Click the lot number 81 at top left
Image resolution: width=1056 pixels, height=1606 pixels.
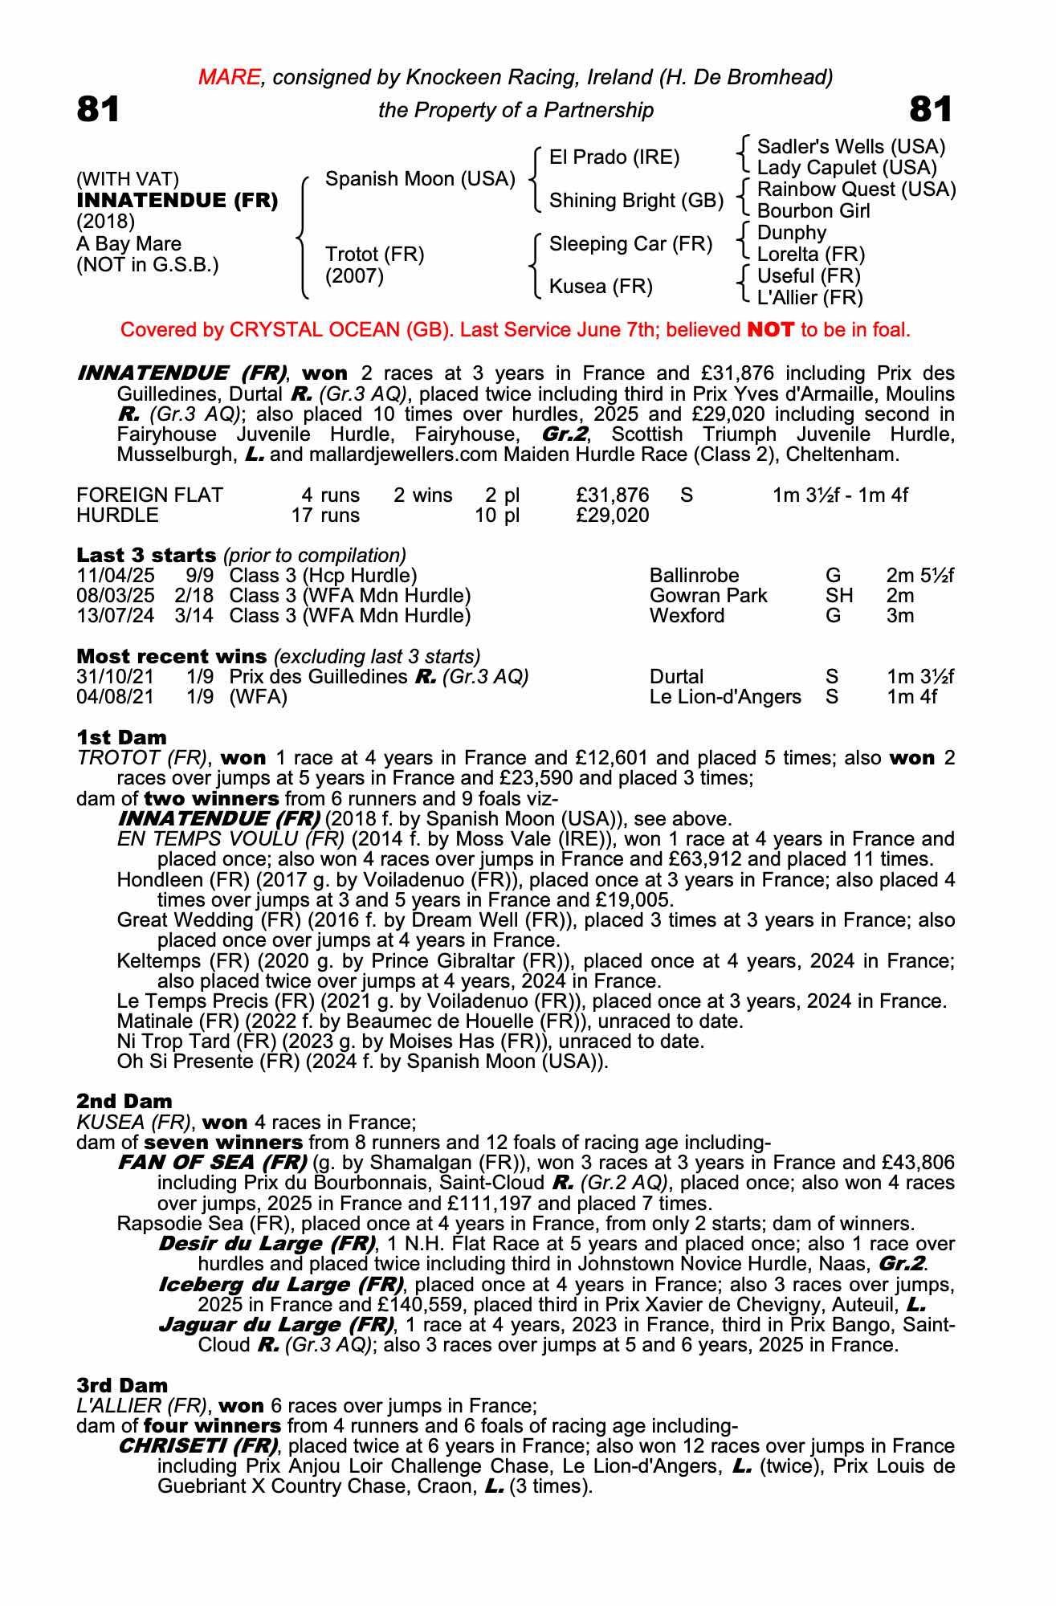pos(98,110)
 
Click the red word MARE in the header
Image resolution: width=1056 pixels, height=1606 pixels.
pos(230,77)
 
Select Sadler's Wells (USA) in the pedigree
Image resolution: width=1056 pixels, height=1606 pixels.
pos(850,146)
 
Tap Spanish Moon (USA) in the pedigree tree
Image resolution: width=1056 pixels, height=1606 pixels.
pos(419,178)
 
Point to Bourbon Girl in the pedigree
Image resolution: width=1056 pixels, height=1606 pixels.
pos(813,210)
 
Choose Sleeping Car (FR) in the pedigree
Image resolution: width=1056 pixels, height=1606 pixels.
pos(630,243)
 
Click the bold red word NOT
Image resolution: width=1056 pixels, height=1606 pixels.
pos(770,329)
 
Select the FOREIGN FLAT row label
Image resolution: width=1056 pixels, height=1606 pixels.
pos(149,495)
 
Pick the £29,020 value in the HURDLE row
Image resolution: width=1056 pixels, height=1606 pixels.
pos(612,515)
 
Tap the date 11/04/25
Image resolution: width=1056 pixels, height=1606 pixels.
pos(115,575)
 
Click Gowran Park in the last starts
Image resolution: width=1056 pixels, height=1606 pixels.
pos(707,595)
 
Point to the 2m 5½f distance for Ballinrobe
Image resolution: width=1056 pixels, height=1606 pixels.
pos(919,575)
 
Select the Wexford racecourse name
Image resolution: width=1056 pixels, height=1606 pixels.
pos(687,615)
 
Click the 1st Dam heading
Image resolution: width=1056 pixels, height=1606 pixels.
pos(121,737)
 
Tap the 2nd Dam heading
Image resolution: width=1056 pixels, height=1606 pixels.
pos(124,1101)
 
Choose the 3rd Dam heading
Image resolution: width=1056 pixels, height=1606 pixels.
pos(122,1385)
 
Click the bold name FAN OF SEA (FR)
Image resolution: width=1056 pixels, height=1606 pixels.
pos(212,1162)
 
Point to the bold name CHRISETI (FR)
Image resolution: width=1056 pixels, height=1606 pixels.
pos(198,1446)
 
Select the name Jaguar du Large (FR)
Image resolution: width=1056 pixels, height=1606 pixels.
pos(276,1324)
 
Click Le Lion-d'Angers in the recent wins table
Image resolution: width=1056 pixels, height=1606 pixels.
pos(724,696)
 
